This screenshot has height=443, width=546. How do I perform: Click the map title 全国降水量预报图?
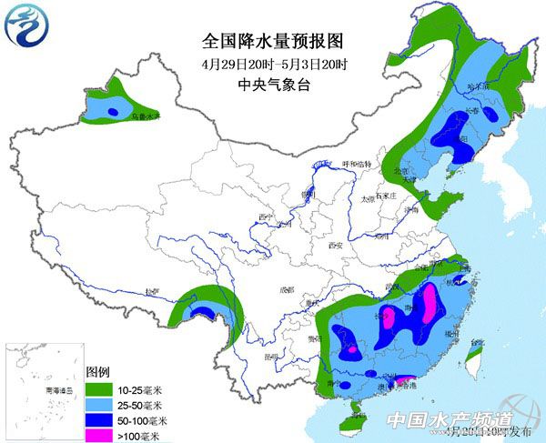(x=273, y=42)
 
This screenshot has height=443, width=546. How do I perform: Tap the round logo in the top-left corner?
(x=26, y=26)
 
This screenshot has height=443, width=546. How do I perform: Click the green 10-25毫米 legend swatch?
(x=98, y=388)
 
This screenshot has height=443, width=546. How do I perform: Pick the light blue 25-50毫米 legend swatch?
(x=98, y=404)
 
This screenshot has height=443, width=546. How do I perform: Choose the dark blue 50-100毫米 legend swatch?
(x=98, y=419)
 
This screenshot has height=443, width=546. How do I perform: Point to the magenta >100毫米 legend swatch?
(x=98, y=434)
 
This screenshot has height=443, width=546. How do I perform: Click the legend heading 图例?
(x=97, y=372)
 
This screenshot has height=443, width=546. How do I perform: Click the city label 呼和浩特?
(x=357, y=164)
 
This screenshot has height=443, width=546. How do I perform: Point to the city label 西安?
(x=332, y=245)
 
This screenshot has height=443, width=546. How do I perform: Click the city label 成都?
(x=288, y=290)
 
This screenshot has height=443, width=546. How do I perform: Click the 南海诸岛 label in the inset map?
(x=35, y=389)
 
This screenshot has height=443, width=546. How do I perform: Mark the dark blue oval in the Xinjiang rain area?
(x=113, y=111)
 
